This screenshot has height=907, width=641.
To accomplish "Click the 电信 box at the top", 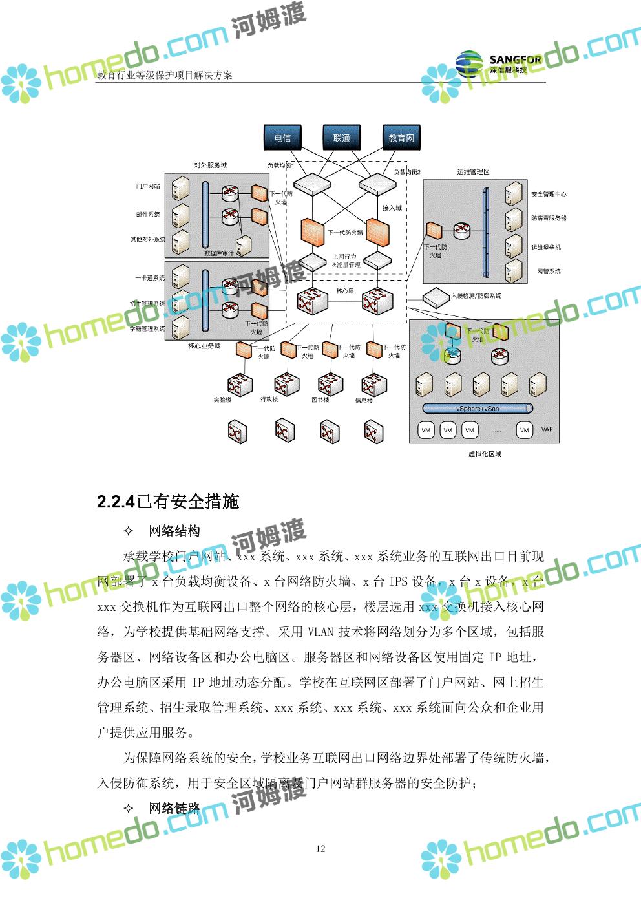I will (282, 138).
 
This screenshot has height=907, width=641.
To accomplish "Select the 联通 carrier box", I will (341, 138).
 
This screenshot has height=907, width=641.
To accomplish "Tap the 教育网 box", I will (401, 138).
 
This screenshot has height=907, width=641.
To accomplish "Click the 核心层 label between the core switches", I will (345, 291).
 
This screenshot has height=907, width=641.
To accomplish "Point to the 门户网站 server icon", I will (180, 188).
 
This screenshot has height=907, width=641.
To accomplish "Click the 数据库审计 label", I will (218, 253).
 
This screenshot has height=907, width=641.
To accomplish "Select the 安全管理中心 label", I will (549, 194).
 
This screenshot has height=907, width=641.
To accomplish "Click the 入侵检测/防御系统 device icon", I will (436, 296).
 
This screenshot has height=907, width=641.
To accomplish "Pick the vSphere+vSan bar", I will (478, 409).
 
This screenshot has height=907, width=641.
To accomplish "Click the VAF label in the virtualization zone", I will (547, 430).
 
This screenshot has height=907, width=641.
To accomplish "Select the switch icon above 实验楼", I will (238, 385).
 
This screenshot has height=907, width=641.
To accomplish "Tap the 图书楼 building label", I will (320, 400).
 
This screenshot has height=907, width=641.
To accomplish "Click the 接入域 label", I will (392, 208).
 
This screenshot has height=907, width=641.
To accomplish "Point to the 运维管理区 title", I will (473, 172).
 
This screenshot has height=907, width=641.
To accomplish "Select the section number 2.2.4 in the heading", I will (116, 502).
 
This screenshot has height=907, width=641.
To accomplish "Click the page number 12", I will (320, 849).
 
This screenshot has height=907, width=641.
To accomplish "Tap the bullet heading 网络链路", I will (174, 808).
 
